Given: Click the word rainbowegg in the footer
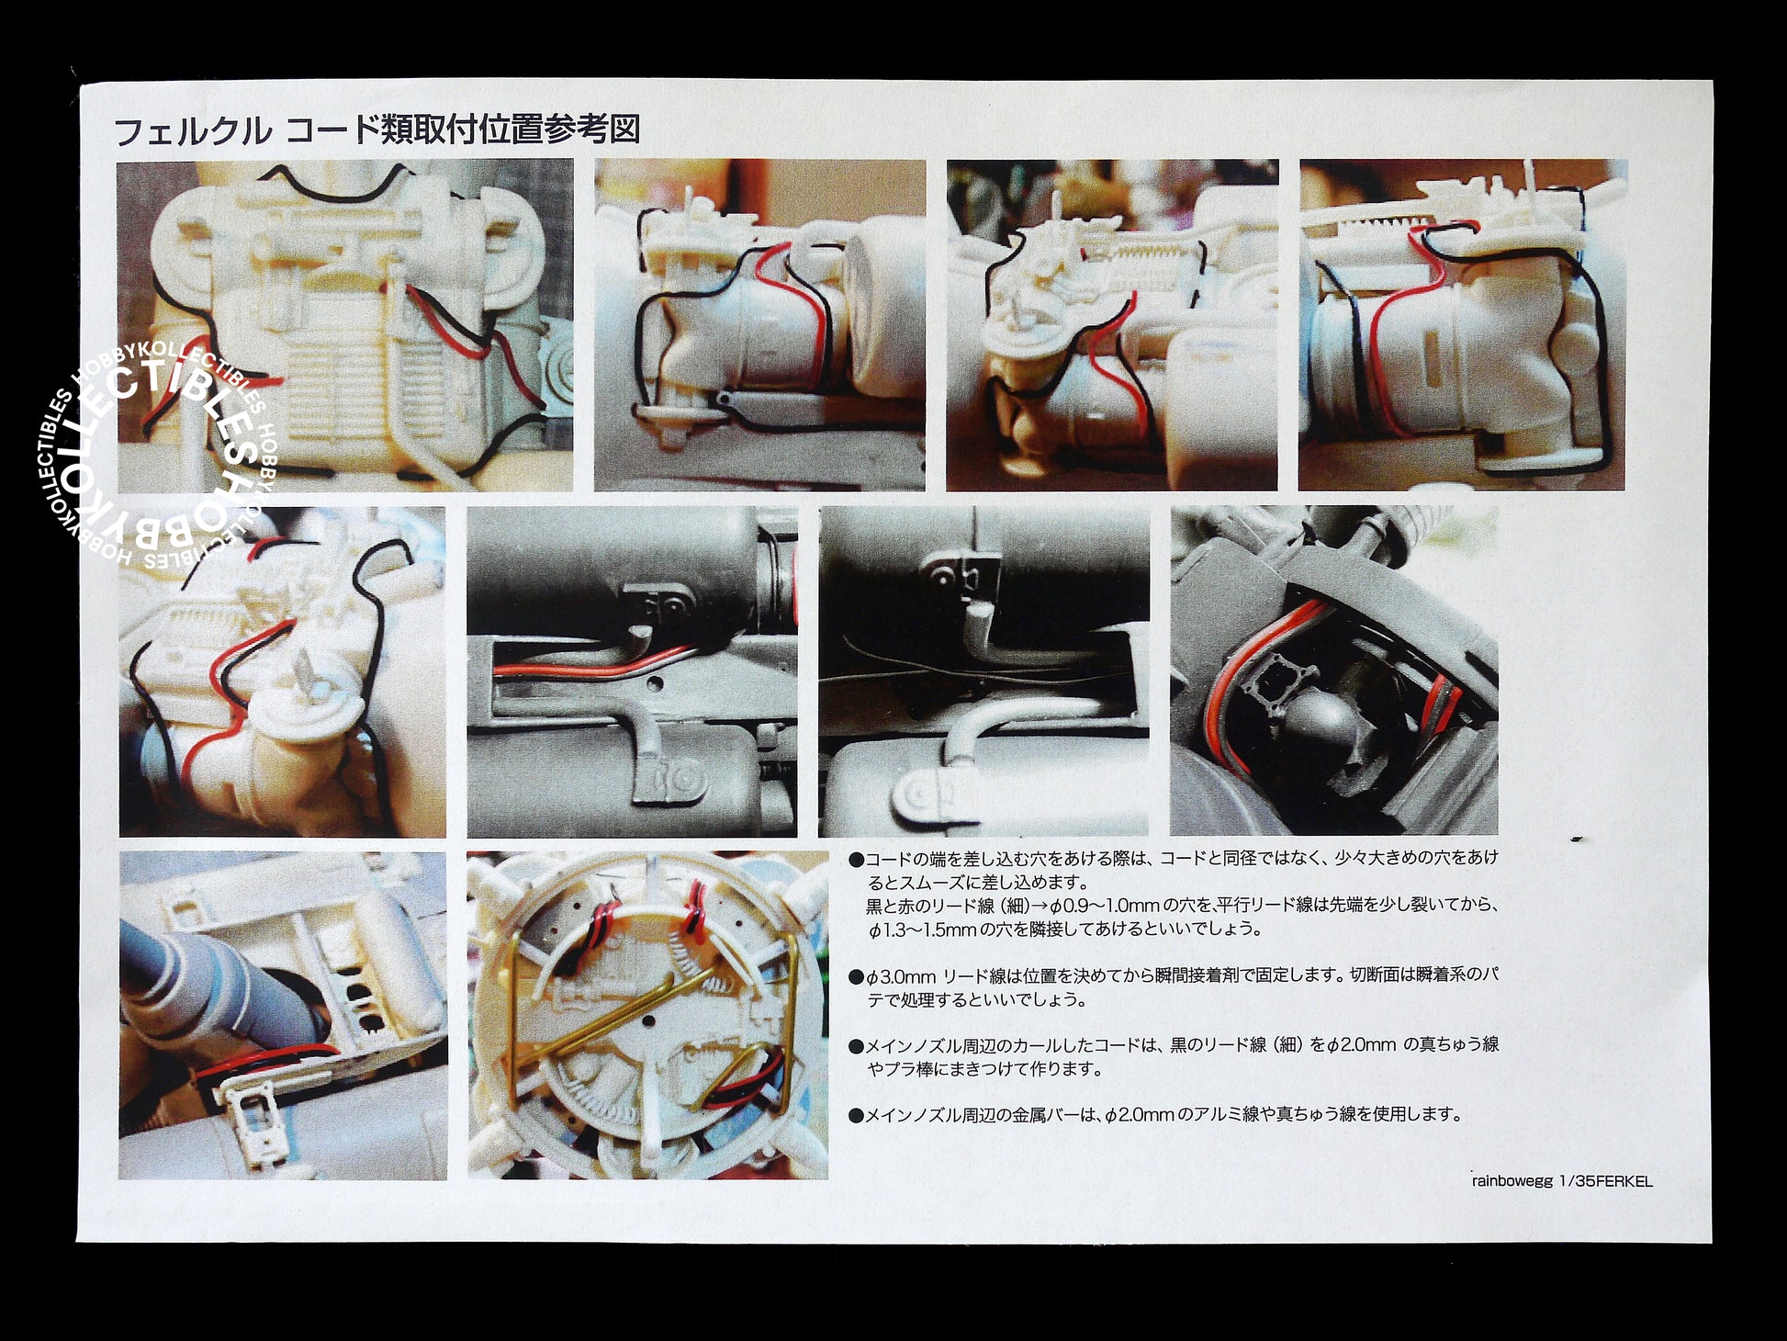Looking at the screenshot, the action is [x=1508, y=1181].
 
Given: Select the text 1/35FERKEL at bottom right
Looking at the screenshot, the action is [x=1604, y=1181].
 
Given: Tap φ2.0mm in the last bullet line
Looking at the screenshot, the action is [x=1138, y=1115].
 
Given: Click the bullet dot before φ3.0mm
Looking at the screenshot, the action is [x=856, y=976].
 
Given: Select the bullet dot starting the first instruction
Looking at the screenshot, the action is [x=856, y=860].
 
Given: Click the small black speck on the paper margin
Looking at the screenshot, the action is [x=1577, y=839].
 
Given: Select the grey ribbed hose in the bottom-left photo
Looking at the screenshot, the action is [x=188, y=983].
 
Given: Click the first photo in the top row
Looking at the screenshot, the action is [x=345, y=325].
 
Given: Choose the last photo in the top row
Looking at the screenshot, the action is [x=1463, y=325].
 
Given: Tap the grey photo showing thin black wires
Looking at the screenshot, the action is [x=983, y=672].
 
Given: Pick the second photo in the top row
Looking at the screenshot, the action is [x=760, y=325].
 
